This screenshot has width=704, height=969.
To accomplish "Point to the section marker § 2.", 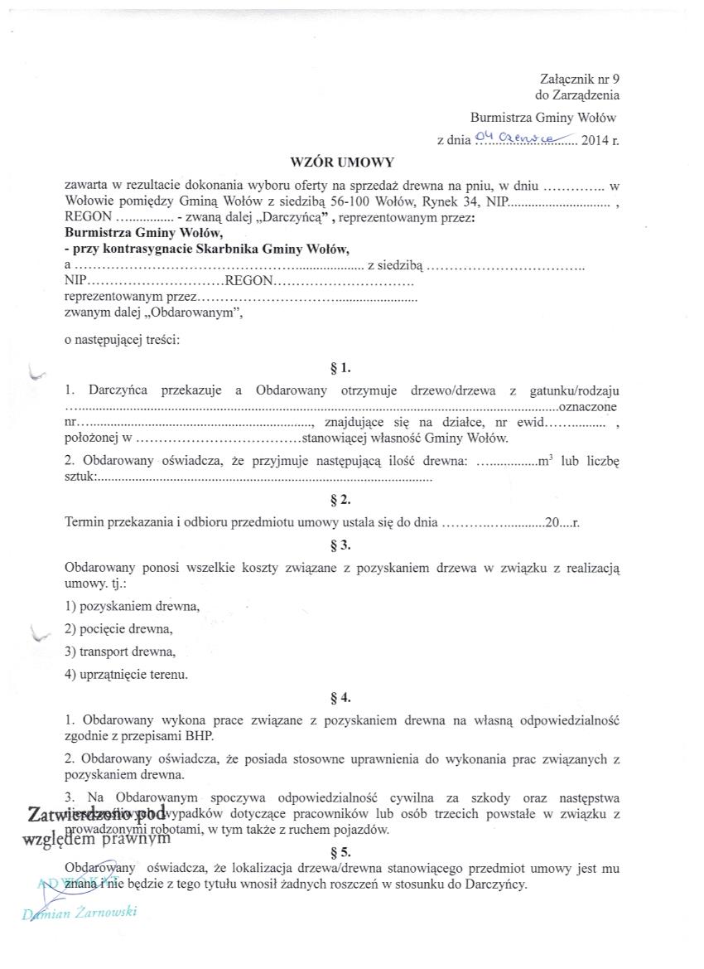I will [x=340, y=500].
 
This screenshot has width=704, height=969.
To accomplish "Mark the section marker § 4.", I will [x=340, y=697].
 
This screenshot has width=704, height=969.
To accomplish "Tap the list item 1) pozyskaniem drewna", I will [x=133, y=606].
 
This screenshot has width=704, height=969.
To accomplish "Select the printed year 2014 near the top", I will [x=595, y=141].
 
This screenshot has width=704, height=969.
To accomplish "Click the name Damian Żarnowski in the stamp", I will [x=79, y=914].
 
